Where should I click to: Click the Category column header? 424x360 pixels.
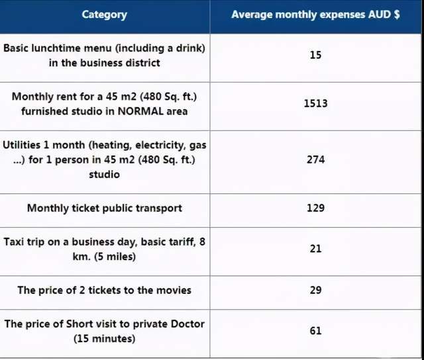click(104, 15)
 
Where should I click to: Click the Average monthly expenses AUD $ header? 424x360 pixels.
click(315, 15)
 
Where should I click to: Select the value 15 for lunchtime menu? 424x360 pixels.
click(315, 55)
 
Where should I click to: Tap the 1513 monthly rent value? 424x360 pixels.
click(315, 103)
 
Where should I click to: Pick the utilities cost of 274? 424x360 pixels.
click(315, 159)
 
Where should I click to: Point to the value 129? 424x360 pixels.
click(315, 208)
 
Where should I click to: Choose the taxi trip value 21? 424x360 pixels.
click(315, 248)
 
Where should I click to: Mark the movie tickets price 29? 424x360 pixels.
click(315, 290)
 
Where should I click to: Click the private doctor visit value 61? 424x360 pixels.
click(315, 330)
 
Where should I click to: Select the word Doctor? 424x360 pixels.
click(187, 324)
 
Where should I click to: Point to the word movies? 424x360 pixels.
click(174, 290)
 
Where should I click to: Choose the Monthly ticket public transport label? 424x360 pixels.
click(104, 208)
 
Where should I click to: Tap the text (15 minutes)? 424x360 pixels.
click(104, 339)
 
